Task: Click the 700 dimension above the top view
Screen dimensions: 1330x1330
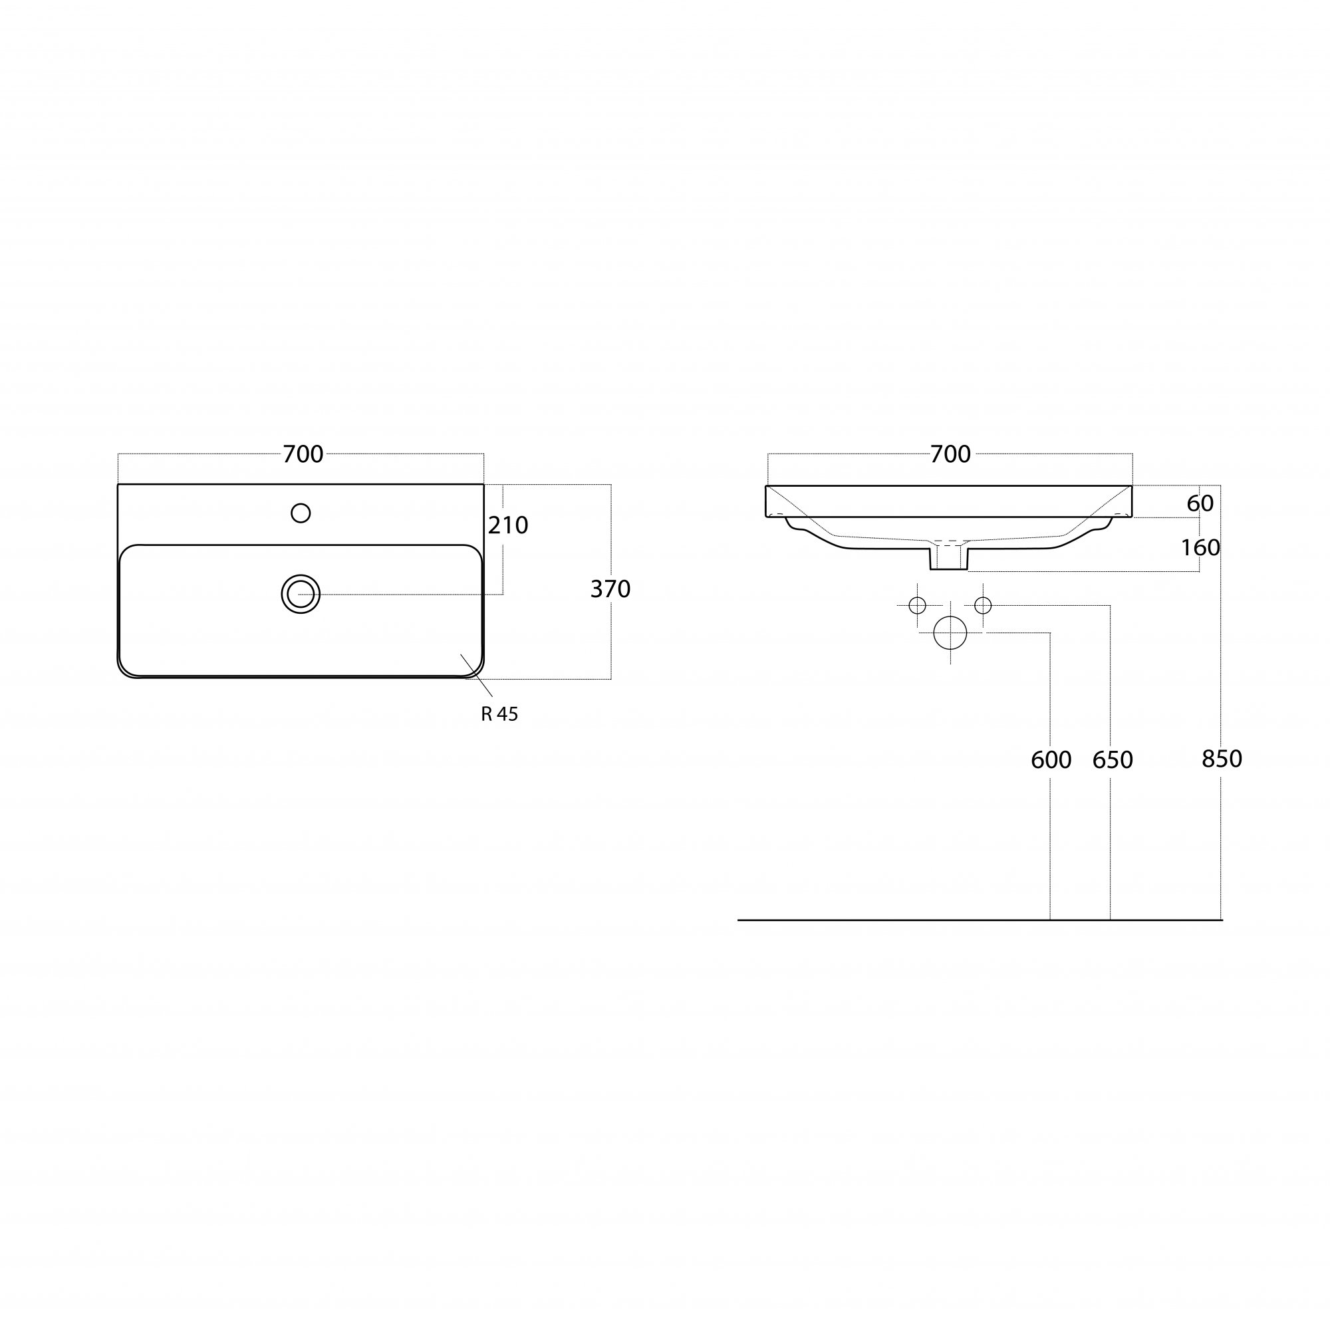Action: pyautogui.click(x=303, y=454)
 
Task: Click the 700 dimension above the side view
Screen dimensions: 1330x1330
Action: pyautogui.click(x=951, y=454)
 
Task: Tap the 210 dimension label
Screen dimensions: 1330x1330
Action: pyautogui.click(x=508, y=525)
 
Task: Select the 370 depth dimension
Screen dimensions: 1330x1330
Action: pyautogui.click(x=610, y=589)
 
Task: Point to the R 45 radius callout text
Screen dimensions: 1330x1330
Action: pyautogui.click(x=500, y=715)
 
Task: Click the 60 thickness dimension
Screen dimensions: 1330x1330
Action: pyautogui.click(x=1200, y=503)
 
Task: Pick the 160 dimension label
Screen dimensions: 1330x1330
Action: pyautogui.click(x=1200, y=547)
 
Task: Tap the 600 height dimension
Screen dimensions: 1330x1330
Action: pyautogui.click(x=1051, y=760)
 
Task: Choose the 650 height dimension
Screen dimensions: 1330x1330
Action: pyautogui.click(x=1113, y=760)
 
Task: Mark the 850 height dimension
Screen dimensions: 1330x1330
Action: pyautogui.click(x=1222, y=759)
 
